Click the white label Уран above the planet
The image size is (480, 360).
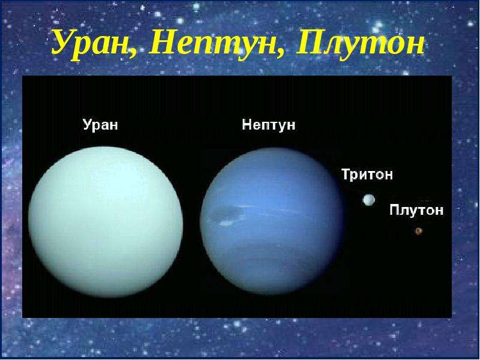tap(100, 125)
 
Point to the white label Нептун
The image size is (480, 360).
tap(268, 125)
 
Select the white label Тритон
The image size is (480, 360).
tap(367, 174)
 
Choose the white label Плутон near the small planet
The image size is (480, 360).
tap(416, 210)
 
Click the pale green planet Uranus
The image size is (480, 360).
tap(106, 221)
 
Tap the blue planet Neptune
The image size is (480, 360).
tap(272, 221)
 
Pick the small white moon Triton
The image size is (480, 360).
tap(368, 200)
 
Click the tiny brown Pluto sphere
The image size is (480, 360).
tap(418, 231)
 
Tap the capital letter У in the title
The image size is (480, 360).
tap(65, 45)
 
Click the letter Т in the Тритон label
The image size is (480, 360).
tap(346, 173)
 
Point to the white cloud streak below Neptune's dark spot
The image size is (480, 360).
tap(226, 223)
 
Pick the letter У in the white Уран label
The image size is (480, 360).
tap(88, 124)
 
